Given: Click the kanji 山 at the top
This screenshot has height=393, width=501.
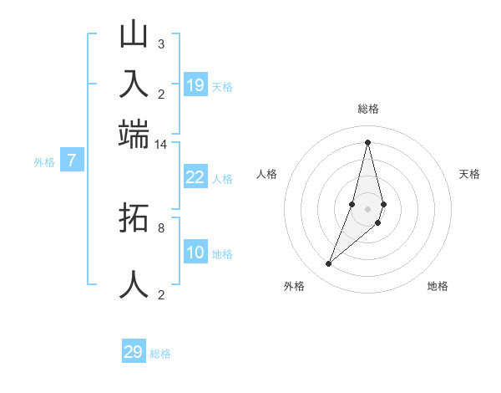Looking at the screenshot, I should point(134,35).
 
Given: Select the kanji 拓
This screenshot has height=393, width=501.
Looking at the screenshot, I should point(134,219).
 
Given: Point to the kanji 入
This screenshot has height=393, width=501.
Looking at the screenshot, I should point(134,84).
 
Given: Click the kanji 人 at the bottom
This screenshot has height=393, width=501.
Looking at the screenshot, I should point(134,284).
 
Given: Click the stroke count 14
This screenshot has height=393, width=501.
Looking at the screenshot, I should point(160,145).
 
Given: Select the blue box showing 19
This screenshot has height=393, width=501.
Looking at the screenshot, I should point(195,84).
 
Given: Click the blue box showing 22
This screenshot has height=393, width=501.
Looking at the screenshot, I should point(195,176).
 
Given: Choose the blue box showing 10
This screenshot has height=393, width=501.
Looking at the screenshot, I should point(195,253).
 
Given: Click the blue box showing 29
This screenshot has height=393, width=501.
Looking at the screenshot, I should point(134,352).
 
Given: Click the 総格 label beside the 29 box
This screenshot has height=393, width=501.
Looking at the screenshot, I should point(160,354).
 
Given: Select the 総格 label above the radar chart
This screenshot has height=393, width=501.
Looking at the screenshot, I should point(367,109).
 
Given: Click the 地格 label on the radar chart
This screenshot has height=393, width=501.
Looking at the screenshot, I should point(438,286).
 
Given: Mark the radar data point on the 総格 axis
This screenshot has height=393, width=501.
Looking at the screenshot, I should point(367,142).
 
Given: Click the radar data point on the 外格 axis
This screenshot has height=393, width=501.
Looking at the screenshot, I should point(329,264).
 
